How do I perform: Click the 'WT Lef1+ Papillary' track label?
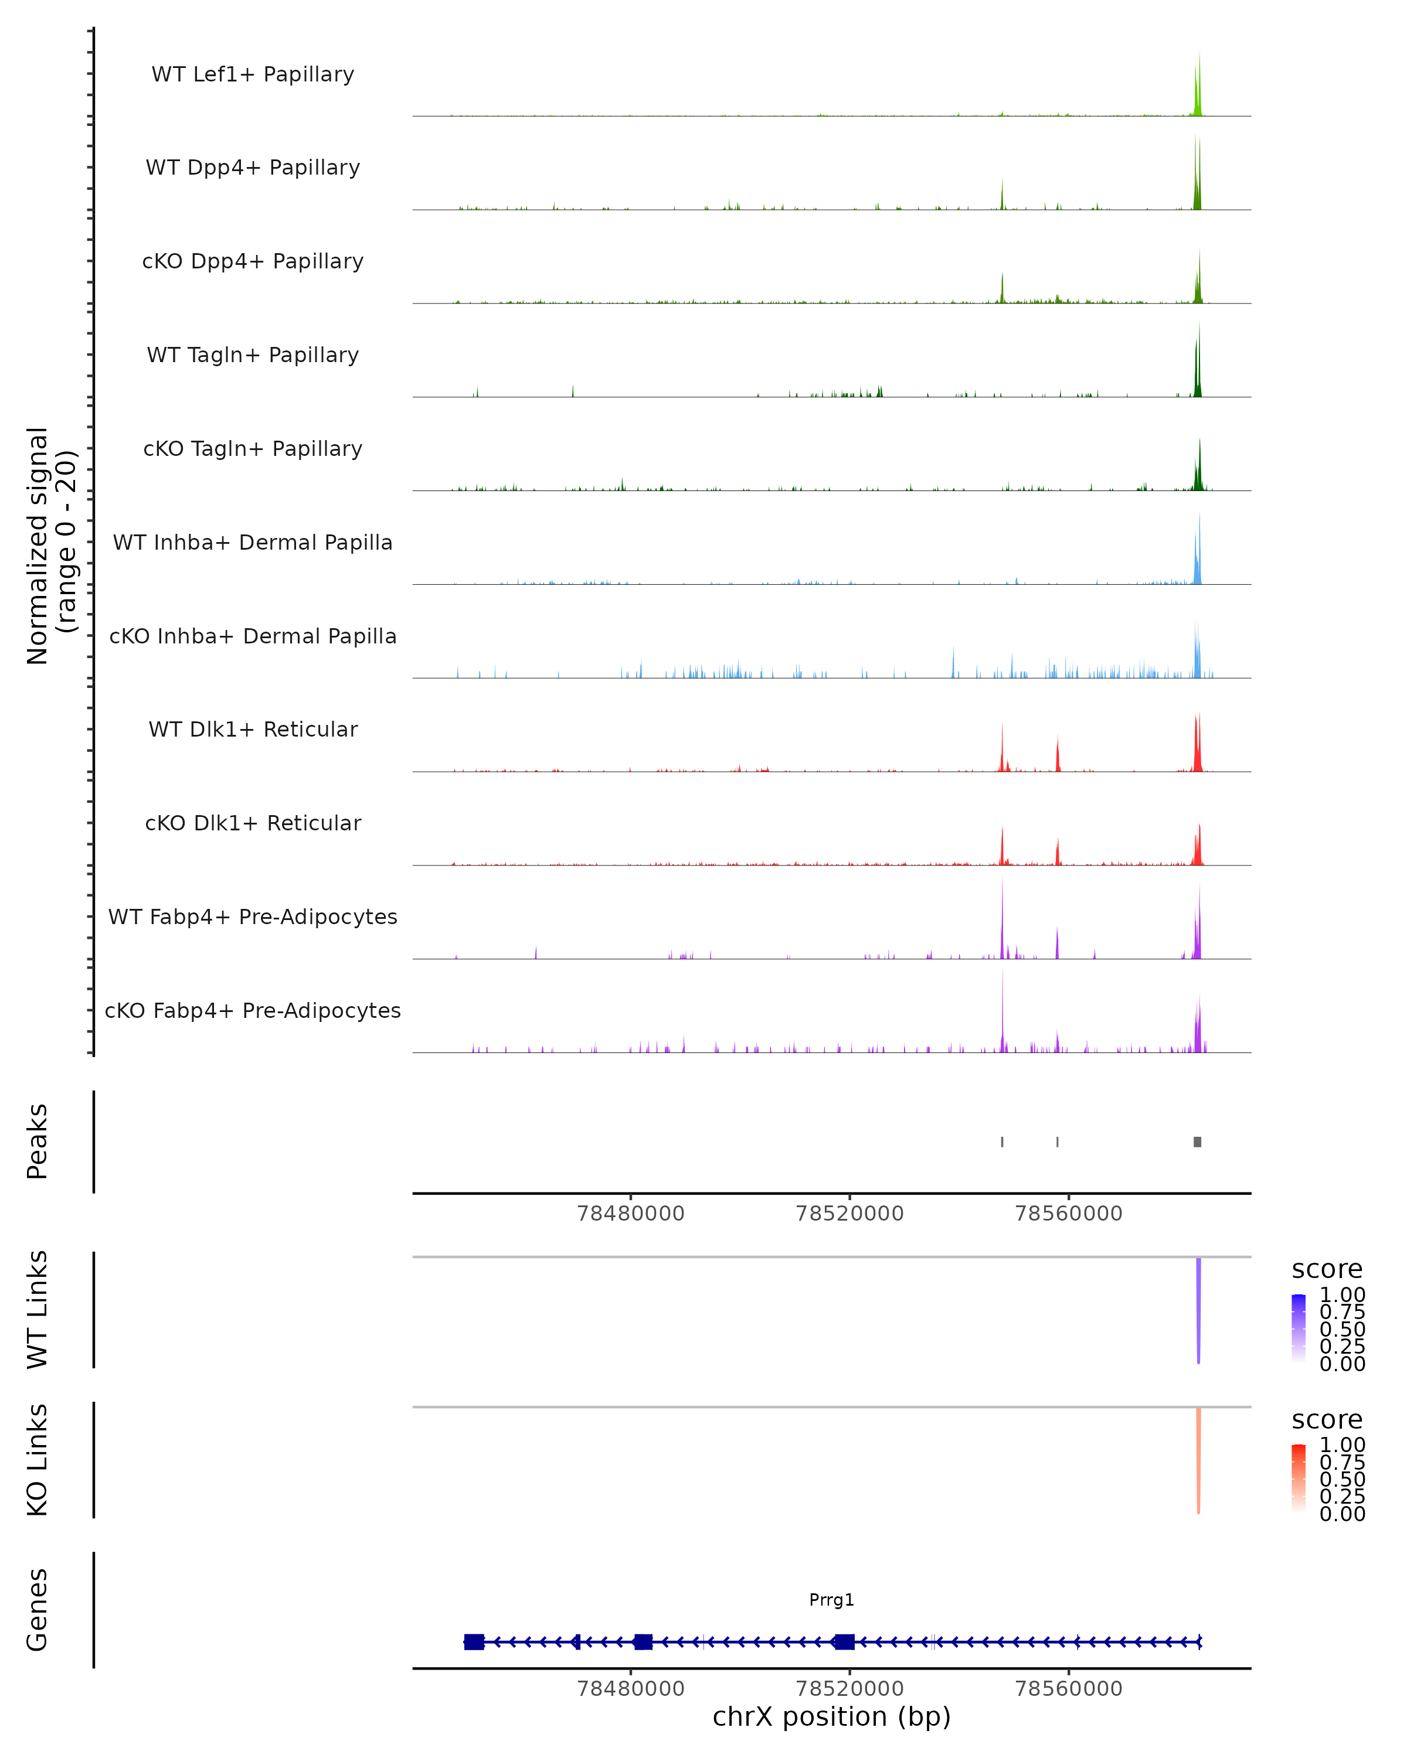253,74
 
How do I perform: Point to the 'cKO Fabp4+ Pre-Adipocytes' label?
253,1010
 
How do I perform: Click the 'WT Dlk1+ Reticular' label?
253,729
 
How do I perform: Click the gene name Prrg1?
831,1599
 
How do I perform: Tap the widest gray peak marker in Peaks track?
1197,1142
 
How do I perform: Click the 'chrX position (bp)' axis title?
831,1717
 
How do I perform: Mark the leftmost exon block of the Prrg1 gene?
474,1641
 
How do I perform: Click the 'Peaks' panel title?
38,1141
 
